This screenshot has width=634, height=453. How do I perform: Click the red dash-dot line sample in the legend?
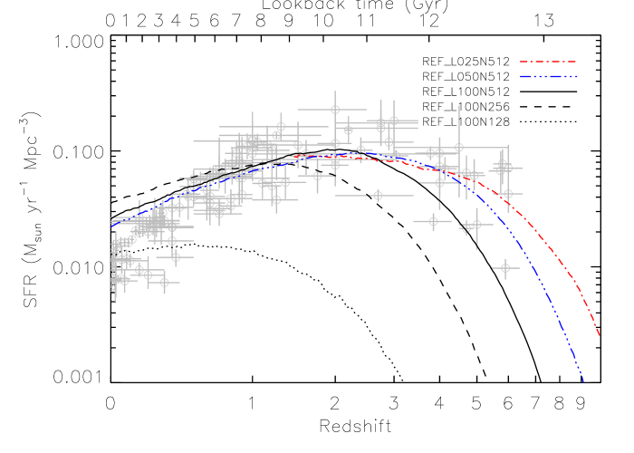pos(548,62)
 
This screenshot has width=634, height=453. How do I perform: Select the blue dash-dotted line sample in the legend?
pos(548,76)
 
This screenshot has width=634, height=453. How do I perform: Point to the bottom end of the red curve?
pos(600,336)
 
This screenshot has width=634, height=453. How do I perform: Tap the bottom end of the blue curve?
pos(584,383)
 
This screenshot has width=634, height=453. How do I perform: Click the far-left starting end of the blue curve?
pos(111,224)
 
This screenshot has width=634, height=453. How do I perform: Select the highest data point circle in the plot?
pos(335,110)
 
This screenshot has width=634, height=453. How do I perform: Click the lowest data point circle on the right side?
pos(505,268)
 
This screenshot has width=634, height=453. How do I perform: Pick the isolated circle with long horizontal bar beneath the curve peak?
pos(378,196)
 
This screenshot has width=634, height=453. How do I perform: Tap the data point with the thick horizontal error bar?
pos(433,221)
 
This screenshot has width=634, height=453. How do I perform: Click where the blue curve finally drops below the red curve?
pos(471,188)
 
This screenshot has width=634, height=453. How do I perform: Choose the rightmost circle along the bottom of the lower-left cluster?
pos(164,283)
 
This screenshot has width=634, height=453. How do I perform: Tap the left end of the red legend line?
pos(520,62)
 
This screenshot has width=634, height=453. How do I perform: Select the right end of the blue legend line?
pos(577,76)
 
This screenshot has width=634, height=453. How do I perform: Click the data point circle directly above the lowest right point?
pos(507,194)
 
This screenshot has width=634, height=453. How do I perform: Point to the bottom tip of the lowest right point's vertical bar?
pos(505,279)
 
